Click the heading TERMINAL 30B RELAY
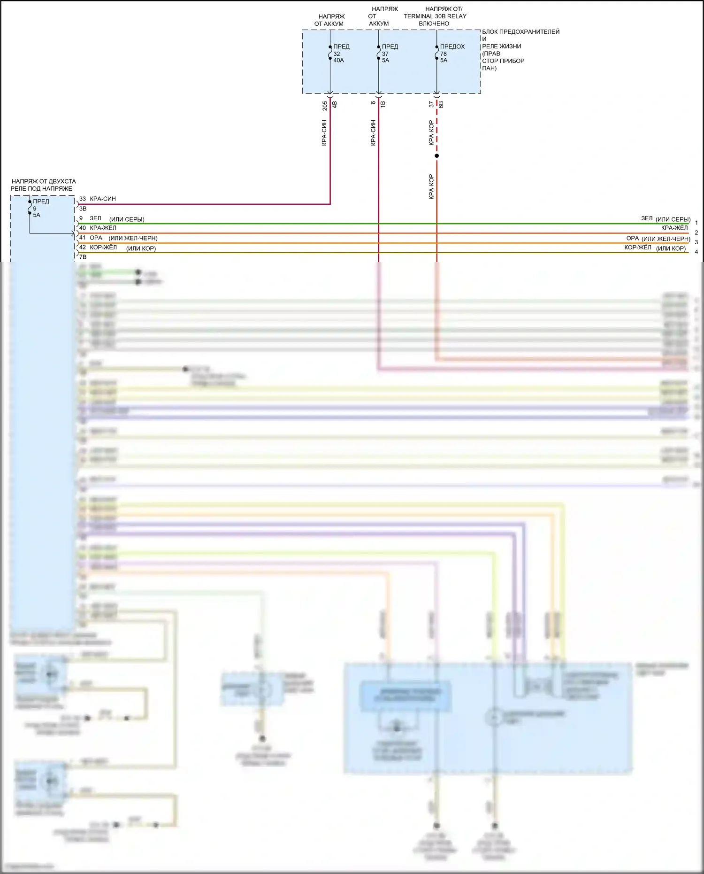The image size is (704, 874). pos(435,16)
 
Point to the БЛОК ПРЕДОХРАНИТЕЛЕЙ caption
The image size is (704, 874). pos(520,32)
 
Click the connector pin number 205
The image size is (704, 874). pos(325,106)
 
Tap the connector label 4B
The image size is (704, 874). pos(335,104)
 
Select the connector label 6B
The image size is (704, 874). pos(441,104)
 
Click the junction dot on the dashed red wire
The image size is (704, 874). pos(436,156)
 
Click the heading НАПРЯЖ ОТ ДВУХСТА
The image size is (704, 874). pos(44,181)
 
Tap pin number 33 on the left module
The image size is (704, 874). pos(83,199)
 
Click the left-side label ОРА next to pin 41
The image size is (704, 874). pos(96,238)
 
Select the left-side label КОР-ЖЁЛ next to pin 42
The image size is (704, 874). pos(103,248)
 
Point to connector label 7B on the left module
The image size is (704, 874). pos(83,257)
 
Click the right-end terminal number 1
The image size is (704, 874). pos(696,223)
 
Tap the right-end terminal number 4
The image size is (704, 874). pos(696,252)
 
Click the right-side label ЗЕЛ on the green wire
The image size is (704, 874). pos(647,218)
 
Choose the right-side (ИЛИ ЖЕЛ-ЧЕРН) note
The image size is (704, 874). pos(666,239)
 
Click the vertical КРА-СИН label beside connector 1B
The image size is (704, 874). pos(373,132)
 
